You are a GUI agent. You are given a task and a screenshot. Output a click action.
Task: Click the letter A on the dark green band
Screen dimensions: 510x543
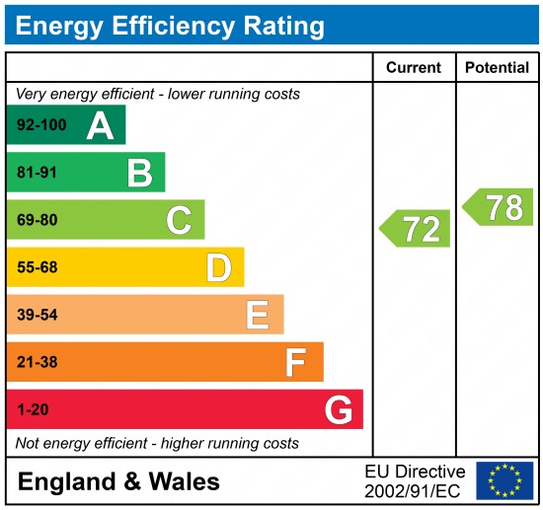100,125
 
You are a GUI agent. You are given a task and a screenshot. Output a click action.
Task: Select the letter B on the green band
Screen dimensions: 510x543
139,173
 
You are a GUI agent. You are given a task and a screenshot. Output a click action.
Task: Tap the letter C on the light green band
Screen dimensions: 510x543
179,220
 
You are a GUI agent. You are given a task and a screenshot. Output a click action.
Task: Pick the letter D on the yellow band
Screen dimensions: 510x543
218,267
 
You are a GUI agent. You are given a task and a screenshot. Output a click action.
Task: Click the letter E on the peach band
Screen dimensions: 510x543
258,315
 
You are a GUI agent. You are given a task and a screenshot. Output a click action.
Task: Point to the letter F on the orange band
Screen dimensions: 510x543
296,362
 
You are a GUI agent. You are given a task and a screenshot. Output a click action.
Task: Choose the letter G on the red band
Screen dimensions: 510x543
339,409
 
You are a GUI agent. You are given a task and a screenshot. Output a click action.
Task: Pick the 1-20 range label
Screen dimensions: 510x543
33,409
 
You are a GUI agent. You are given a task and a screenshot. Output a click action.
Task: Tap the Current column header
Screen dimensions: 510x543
413,68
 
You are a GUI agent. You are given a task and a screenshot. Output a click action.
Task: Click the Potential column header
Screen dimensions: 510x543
498,68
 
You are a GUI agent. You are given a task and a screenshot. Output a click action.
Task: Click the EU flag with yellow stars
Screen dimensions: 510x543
504,480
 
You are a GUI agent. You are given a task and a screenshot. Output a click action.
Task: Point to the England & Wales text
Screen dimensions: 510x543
119,481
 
